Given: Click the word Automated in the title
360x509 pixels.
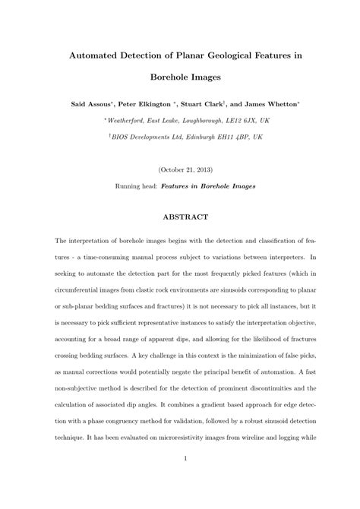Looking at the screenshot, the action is point(98,55).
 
